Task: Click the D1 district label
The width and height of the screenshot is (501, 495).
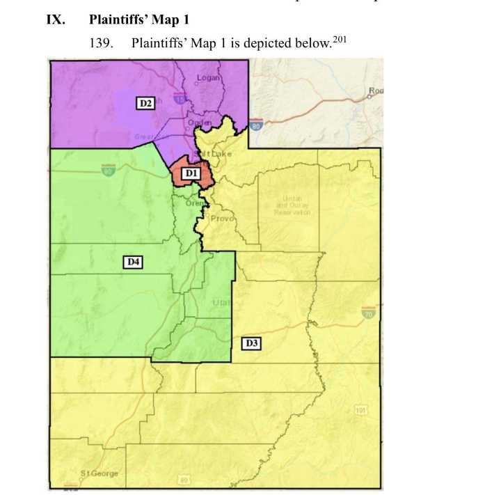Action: [191, 172]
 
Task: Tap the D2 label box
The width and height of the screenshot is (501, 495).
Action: [145, 103]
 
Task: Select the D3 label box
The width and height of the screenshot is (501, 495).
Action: [251, 343]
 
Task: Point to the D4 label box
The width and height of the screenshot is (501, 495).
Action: [133, 262]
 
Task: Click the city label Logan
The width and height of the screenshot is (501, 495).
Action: [208, 78]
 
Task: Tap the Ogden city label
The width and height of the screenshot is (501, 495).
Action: [199, 123]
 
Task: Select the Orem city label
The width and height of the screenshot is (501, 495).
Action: [194, 203]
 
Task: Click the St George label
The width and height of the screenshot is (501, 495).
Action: [99, 473]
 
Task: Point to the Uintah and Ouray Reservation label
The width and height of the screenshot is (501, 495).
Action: [292, 205]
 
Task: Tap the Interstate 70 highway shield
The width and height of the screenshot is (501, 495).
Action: [367, 314]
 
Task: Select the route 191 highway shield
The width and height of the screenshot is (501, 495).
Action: [360, 411]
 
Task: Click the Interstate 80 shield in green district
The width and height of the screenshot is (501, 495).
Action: [108, 170]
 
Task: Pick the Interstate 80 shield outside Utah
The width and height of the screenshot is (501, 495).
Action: [257, 126]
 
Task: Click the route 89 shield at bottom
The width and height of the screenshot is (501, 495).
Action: [184, 480]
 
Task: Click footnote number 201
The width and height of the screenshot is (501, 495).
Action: [339, 38]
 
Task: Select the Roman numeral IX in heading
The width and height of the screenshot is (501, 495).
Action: [55, 19]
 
